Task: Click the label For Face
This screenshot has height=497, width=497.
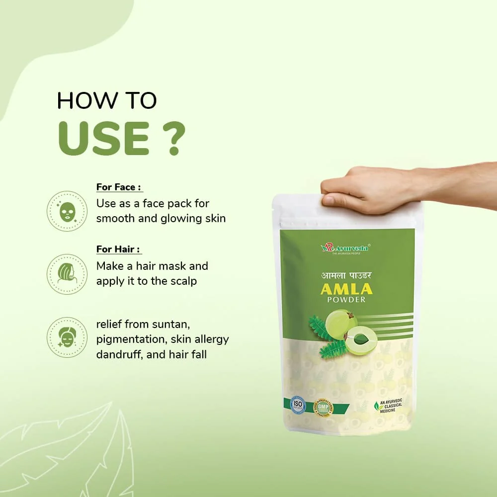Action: (x=119, y=187)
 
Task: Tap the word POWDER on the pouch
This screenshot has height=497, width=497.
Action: (x=347, y=300)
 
